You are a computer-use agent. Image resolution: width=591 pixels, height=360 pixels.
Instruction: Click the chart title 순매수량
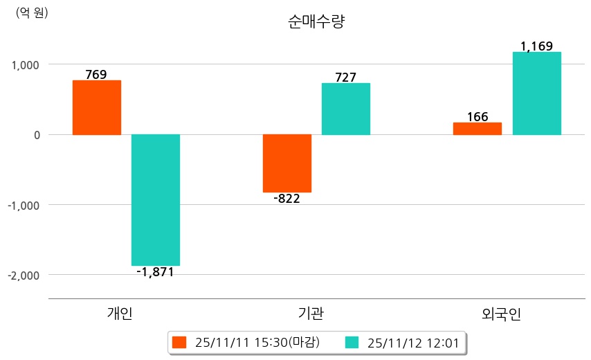pos(316,22)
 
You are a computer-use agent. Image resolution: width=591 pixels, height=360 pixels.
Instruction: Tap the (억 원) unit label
pos(32,12)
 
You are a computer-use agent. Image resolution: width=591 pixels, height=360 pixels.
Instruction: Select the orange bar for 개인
pos(97,107)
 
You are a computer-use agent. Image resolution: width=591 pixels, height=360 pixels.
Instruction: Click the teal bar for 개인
pos(156,199)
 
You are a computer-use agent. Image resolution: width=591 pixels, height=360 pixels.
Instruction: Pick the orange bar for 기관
pos(287,163)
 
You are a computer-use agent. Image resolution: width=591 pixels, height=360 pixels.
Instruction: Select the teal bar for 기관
pos(346,109)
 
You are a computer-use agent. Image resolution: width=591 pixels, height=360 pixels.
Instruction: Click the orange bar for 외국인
pos(478,128)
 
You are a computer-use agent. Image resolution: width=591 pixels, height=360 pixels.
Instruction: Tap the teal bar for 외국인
pos(537,93)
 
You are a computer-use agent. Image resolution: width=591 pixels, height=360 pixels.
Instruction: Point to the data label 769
pos(96,74)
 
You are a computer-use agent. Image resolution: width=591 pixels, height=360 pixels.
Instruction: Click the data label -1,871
pos(155,272)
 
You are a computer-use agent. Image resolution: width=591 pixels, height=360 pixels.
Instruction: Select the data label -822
pos(287,199)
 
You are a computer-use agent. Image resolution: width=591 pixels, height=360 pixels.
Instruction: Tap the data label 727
pos(345,77)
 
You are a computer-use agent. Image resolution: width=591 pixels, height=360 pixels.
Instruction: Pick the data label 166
pos(478,116)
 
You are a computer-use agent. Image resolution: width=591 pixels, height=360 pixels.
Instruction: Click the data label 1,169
pos(536,46)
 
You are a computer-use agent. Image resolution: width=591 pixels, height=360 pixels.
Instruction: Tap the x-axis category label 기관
pos(305,314)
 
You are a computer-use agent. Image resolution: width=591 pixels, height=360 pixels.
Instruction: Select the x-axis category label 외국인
pos(502,314)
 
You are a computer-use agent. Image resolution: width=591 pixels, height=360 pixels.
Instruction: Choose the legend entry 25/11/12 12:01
pos(413,343)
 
